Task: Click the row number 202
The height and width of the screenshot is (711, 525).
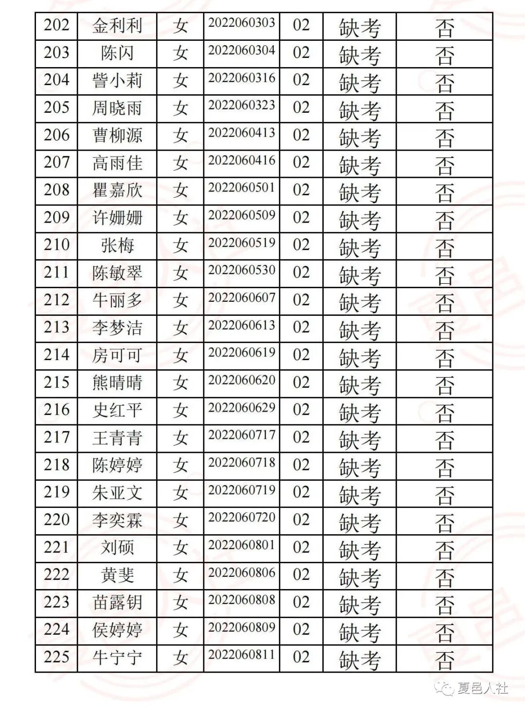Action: [x=56, y=25]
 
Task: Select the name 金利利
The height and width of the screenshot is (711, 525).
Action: [x=117, y=26]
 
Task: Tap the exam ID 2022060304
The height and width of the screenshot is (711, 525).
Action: [x=242, y=50]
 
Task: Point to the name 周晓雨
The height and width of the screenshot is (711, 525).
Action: [x=117, y=108]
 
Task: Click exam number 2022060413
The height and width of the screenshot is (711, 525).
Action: [x=242, y=133]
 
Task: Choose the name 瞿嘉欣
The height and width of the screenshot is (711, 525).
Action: [x=117, y=191]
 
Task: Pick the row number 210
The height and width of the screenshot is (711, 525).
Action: [x=56, y=245]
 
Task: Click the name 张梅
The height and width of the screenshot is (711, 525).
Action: [x=117, y=245]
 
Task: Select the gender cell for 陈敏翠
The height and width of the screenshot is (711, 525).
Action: [x=180, y=273]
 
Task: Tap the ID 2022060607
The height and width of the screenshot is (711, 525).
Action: [x=242, y=297]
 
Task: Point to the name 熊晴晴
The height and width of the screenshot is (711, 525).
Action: [x=117, y=383]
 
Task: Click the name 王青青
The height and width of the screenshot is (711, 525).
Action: [x=117, y=438]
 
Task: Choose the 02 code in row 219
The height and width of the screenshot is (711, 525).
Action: [x=301, y=492]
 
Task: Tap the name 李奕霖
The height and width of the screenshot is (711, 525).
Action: [x=117, y=520]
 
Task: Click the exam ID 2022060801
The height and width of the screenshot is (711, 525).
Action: [x=242, y=545]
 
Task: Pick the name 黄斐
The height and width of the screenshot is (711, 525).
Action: [x=117, y=575]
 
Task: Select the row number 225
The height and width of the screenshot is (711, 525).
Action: [x=56, y=657]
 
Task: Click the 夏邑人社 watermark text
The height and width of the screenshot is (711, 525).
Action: [x=483, y=688]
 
